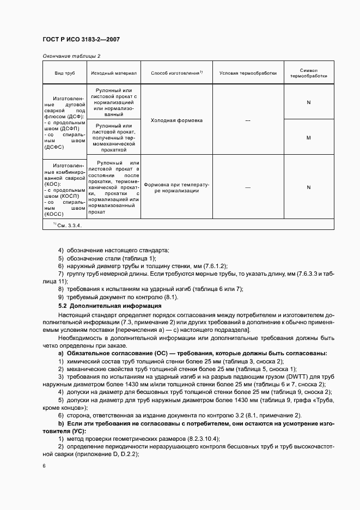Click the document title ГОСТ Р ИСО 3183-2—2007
pos(81,40)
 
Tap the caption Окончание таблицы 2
pos(71,56)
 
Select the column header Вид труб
pos(65,72)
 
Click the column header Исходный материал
pos(114,72)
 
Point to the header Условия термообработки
pos(248,72)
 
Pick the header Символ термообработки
pos(308,73)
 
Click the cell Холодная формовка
pos(176,120)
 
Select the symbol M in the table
pos(308,138)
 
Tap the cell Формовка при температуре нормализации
pos(176,187)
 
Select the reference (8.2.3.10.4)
pos(195,439)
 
